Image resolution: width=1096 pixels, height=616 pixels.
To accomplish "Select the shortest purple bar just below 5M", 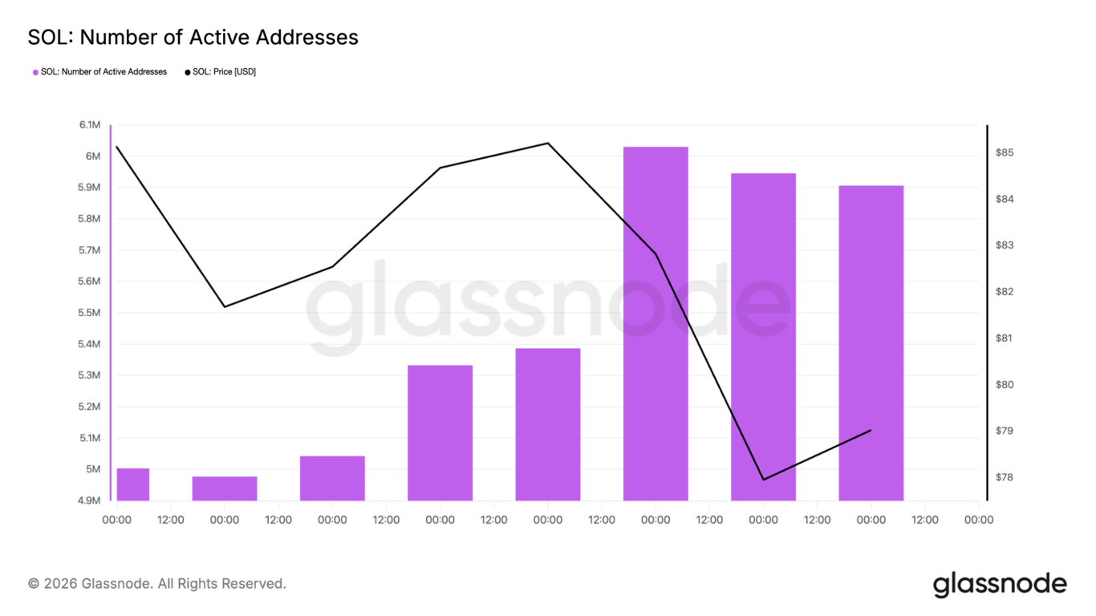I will point(225,488).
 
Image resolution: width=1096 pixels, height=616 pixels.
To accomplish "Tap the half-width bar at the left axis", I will point(133,484).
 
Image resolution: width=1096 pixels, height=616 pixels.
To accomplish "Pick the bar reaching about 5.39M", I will point(547,424).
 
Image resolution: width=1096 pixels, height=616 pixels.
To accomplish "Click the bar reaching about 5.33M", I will point(440,433).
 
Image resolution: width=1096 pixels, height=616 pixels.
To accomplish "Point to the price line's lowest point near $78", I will point(763,480).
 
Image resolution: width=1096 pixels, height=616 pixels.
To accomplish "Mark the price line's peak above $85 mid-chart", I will point(547,144).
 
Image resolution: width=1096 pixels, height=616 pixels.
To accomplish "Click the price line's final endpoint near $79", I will point(871,431).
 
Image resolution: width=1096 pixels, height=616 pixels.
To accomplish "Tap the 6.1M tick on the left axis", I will point(90,125).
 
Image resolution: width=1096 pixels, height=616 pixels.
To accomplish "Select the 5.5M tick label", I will point(90,313).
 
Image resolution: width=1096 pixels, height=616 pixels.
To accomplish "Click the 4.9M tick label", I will point(90,500).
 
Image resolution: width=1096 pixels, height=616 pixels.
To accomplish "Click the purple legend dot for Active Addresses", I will point(35,72).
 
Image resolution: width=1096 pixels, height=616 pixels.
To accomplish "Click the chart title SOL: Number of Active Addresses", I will point(193,37).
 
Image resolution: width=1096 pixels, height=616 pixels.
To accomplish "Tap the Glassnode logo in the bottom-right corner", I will point(1000,584).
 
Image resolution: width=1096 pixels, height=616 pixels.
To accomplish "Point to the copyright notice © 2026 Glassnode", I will point(157,584).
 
